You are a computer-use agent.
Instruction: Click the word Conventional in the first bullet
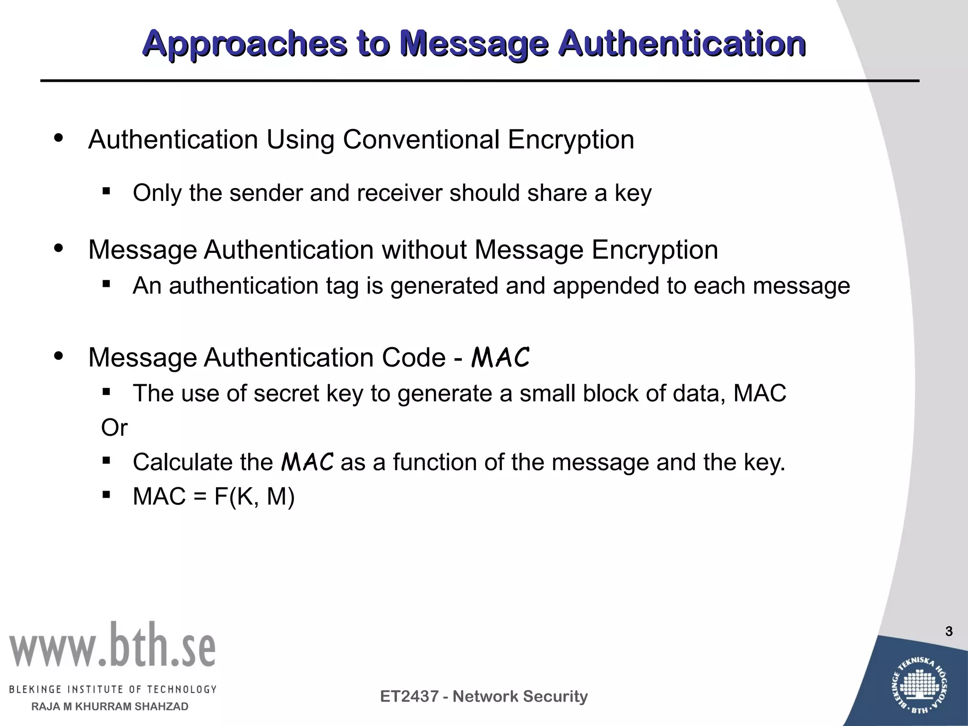421,140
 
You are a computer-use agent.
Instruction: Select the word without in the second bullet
424,250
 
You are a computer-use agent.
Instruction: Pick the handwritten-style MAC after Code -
500,357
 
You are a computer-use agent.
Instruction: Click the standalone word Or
114,428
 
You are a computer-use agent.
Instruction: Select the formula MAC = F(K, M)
214,496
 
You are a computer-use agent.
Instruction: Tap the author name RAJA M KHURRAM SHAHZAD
110,707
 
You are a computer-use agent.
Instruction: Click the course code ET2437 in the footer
410,696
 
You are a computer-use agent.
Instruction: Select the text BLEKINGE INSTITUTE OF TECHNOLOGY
112,689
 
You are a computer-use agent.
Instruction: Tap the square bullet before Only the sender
106,191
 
